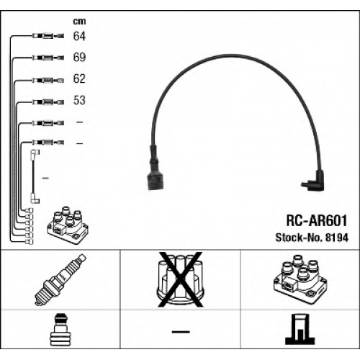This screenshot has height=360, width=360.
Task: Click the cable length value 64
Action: point(79,36)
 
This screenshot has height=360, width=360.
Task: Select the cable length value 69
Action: point(79,57)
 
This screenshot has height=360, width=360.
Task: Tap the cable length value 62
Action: point(79,78)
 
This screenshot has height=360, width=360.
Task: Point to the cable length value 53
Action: point(79,100)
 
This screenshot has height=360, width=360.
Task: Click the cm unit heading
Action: point(79,22)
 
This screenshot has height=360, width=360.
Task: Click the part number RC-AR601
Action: point(317,220)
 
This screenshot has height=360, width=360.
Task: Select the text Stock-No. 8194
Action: point(312,238)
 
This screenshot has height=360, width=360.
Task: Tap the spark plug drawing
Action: point(60,280)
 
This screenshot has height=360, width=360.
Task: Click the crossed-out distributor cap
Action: point(180,279)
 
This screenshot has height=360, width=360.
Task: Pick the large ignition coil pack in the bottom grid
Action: point(300,280)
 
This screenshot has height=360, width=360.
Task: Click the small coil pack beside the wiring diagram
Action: point(68,225)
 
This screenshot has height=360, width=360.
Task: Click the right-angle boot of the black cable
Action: point(315,181)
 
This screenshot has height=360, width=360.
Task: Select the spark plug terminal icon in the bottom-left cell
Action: point(60,330)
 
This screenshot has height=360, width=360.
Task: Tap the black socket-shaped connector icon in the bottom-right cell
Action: point(300,329)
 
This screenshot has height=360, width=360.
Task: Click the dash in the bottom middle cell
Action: point(181,332)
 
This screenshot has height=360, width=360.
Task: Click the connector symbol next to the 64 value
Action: point(48,36)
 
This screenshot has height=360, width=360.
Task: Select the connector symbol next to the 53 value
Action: point(48,102)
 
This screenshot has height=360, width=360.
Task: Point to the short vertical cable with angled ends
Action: point(35,176)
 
